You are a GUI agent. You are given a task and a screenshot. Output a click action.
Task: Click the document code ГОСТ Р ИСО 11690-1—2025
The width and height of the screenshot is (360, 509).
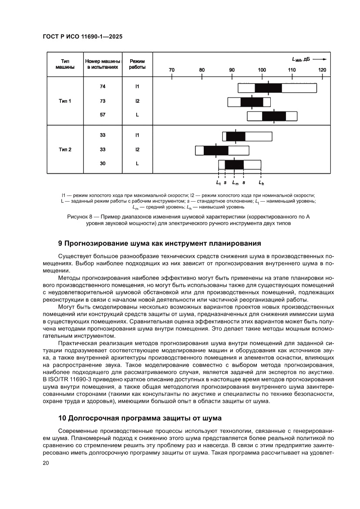82,37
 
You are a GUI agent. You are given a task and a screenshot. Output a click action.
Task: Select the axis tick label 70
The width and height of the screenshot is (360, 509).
172,70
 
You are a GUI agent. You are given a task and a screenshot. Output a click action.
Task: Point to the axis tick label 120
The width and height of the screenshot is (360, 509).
322,70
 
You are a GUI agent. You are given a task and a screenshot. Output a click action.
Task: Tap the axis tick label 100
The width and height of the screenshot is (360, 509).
262,70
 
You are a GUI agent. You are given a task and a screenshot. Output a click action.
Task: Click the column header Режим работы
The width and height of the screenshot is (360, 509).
137,64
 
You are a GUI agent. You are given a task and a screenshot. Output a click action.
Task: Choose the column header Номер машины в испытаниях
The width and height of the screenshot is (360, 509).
102,64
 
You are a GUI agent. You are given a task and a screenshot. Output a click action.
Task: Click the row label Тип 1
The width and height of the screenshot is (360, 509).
65,101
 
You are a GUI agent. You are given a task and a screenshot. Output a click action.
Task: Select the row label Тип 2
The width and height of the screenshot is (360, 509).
65,149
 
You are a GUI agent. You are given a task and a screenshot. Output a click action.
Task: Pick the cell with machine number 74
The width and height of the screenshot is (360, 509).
102,87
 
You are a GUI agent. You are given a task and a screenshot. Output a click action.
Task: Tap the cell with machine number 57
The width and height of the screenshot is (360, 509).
102,115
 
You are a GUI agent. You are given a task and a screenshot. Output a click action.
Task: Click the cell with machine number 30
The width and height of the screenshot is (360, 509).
102,164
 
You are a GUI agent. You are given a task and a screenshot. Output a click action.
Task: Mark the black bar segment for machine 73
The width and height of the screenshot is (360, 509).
252,102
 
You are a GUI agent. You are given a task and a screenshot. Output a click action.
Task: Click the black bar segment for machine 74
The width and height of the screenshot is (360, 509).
268,88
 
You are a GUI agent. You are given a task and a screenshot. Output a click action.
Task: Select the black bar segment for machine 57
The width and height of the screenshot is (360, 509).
274,116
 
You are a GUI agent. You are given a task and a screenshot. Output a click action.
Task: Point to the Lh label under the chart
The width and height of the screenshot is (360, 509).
261,183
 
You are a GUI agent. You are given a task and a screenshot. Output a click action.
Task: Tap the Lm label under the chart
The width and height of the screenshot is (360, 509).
235,183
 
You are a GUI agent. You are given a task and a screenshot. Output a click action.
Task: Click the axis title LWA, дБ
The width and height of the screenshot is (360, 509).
300,59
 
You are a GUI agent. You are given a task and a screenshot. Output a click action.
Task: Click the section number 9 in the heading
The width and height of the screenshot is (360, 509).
61,243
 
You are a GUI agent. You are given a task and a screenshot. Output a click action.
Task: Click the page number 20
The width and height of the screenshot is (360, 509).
46,463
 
